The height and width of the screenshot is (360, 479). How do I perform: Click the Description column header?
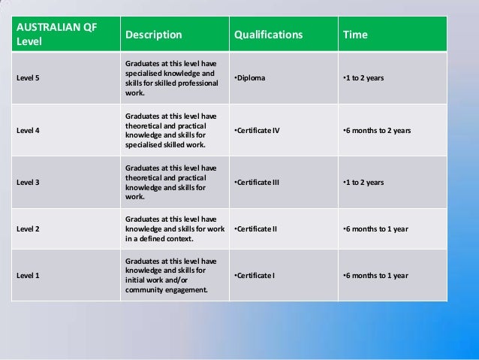pyautogui.click(x=153, y=35)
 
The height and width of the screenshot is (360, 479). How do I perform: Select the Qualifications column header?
pyautogui.click(x=268, y=35)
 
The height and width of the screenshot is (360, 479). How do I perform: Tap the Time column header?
pyautogui.click(x=355, y=35)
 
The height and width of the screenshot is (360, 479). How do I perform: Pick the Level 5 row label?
pyautogui.click(x=28, y=78)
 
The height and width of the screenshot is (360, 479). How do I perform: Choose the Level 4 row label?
pyautogui.click(x=28, y=130)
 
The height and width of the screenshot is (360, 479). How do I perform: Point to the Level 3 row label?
pyautogui.click(x=28, y=183)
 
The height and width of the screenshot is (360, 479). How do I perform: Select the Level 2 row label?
pyautogui.click(x=28, y=229)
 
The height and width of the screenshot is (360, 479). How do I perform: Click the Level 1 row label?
pyautogui.click(x=28, y=276)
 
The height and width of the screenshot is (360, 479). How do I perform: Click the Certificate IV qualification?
pyautogui.click(x=257, y=130)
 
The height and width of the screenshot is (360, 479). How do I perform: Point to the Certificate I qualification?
pyautogui.click(x=255, y=276)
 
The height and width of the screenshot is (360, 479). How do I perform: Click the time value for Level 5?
pyautogui.click(x=363, y=78)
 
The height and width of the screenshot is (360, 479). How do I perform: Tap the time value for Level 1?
pyautogui.click(x=375, y=276)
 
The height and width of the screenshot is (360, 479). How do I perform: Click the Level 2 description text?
pyautogui.click(x=174, y=229)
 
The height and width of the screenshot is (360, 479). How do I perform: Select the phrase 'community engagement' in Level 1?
pyautogui.click(x=166, y=289)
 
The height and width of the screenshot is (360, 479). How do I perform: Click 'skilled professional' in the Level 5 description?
pyautogui.click(x=185, y=83)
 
